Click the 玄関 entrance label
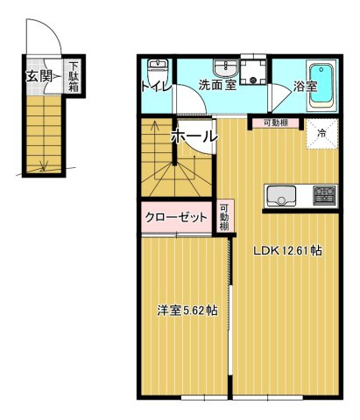click(38, 76)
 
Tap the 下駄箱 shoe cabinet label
click(75, 76)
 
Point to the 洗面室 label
click(215, 86)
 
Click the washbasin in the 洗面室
click(225, 67)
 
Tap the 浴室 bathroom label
click(305, 87)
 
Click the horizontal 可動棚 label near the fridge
click(270, 122)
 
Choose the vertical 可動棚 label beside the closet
click(224, 214)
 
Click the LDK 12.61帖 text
click(286, 250)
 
